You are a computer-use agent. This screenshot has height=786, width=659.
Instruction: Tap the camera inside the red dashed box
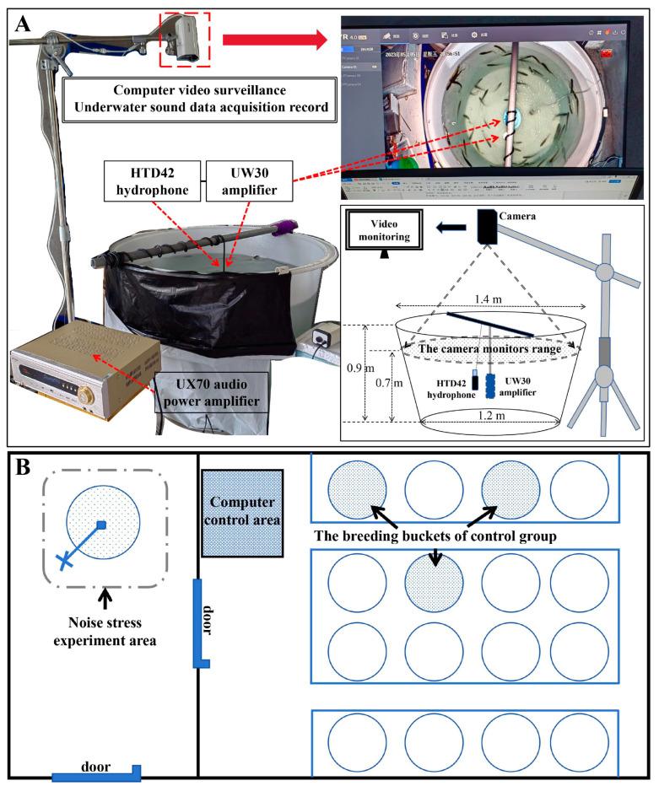pyautogui.click(x=187, y=39)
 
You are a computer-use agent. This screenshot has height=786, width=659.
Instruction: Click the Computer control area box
pyautogui.click(x=242, y=512)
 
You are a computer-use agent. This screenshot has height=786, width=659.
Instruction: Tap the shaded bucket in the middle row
pyautogui.click(x=433, y=588)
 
